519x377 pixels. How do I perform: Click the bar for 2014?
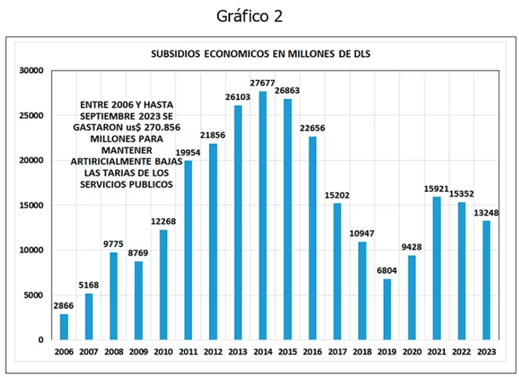point(262,216)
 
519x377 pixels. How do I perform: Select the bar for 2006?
point(64,327)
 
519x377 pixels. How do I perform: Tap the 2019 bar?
point(387,309)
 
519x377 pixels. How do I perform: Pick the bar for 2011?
point(188,250)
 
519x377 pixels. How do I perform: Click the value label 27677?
point(262,83)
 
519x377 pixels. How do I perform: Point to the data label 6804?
point(387,270)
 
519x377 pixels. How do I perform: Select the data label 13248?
point(486,213)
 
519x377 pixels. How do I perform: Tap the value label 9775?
point(113,244)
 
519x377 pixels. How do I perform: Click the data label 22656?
point(312,128)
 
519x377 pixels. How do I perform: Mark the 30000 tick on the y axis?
point(31,70)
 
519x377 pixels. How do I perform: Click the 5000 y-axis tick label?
point(33,295)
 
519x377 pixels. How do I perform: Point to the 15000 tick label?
point(31,205)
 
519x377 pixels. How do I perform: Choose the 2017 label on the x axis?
point(337,352)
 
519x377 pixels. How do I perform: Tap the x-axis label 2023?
point(486,352)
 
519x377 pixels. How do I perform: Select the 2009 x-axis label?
point(139,352)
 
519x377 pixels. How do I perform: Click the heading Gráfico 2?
point(250,16)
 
